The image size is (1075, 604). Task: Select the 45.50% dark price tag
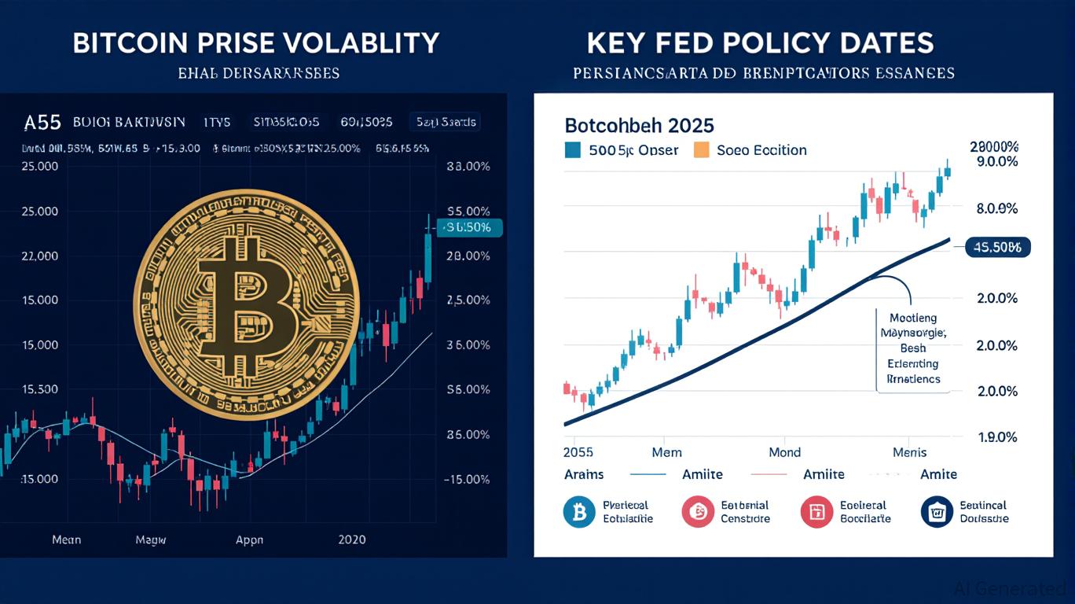(997, 248)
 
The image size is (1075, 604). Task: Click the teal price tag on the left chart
(469, 227)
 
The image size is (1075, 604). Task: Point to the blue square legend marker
(573, 149)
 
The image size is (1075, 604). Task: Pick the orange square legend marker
(702, 149)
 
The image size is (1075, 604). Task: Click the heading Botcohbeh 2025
(639, 126)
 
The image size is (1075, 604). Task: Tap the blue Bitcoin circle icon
(579, 512)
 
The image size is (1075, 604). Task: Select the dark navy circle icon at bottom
(936, 512)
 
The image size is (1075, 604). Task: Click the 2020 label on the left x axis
(351, 540)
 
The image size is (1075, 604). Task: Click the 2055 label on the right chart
(578, 452)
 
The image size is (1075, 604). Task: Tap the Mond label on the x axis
(784, 452)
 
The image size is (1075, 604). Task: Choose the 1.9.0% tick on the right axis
(996, 437)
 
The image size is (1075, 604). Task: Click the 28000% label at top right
(994, 146)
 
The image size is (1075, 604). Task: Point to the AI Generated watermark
(1010, 588)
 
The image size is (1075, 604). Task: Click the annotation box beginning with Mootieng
(912, 348)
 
